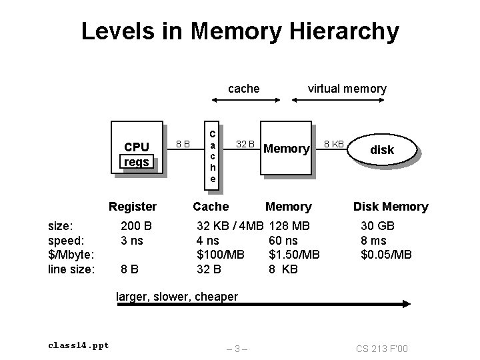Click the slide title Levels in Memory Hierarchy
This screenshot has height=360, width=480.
coord(240,31)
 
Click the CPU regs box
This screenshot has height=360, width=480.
coord(137,147)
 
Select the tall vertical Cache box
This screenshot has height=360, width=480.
coord(212,153)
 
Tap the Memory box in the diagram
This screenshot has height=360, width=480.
coord(286,148)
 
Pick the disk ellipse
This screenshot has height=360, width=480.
coord(382,150)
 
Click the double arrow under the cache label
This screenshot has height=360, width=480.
coord(245,101)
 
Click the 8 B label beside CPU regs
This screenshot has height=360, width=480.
coord(182,143)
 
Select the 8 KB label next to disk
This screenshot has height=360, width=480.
coord(334,143)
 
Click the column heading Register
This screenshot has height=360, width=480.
coord(133,207)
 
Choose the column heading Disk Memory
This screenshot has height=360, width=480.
coord(391,207)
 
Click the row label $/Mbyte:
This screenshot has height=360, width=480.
coord(70,255)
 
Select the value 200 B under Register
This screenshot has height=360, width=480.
coord(135,226)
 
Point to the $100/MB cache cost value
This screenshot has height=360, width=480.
coord(221,255)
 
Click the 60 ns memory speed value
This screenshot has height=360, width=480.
coord(283,240)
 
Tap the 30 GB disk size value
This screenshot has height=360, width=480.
coord(378,226)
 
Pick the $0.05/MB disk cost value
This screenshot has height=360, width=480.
coord(387,255)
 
